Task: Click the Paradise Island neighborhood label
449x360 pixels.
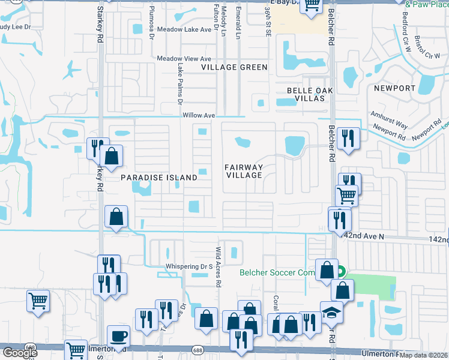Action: point(159,178)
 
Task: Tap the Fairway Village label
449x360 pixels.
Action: point(244,171)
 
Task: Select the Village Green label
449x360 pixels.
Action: point(234,67)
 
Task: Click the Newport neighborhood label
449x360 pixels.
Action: point(394,88)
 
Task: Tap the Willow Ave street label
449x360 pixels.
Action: point(199,115)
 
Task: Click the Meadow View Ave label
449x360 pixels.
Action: point(184,59)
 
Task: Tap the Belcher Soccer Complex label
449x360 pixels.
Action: point(277,272)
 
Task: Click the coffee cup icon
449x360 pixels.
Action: point(118,337)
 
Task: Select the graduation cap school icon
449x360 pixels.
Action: point(331,313)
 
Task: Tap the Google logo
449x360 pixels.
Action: point(20,353)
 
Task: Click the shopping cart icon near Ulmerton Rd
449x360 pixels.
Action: point(76,349)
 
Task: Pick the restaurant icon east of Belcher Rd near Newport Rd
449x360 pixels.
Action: point(348,139)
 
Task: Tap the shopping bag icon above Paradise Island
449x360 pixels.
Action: point(112,157)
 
